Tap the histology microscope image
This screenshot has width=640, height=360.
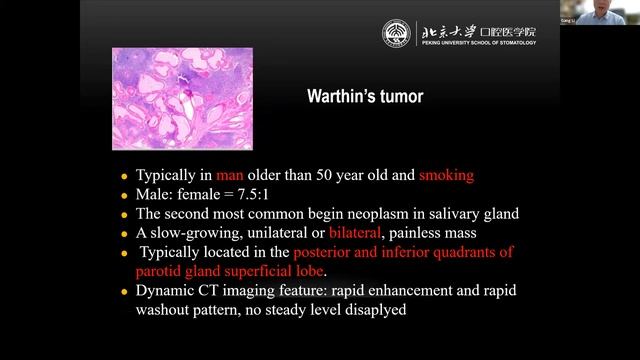click(182, 98)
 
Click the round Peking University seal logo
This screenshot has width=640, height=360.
click(396, 33)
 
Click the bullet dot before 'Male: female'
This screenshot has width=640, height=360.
click(124, 196)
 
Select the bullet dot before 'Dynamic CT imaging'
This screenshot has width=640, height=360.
click(124, 292)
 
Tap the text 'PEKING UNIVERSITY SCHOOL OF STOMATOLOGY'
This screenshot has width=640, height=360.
click(478, 42)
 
